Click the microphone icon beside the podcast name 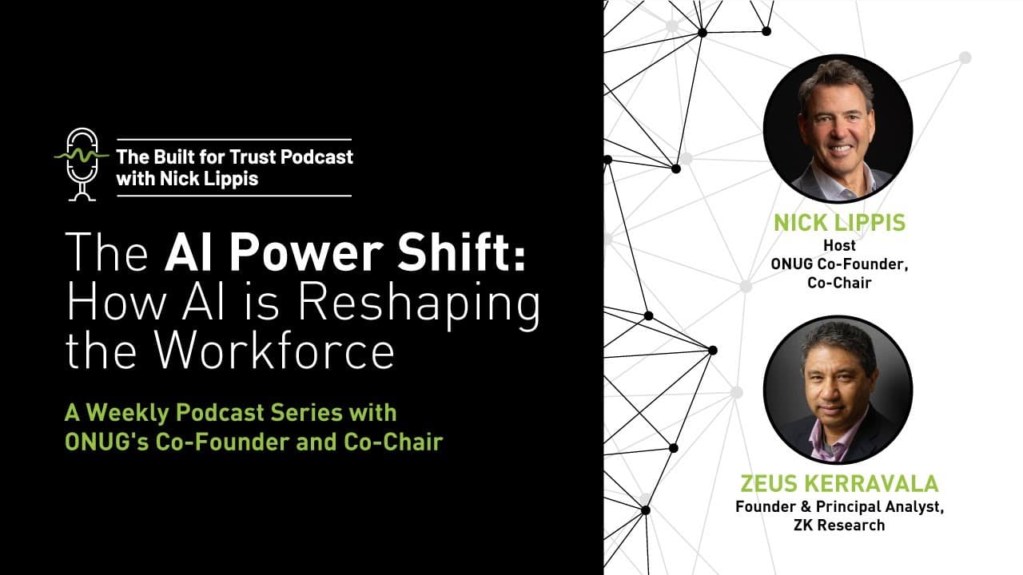(x=81, y=164)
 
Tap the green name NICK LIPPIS (x=839, y=222)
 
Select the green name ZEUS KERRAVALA (x=839, y=484)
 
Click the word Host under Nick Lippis (x=838, y=246)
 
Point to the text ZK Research (x=839, y=525)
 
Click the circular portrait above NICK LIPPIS (x=838, y=129)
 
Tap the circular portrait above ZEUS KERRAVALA (x=838, y=390)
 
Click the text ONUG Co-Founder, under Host (x=838, y=264)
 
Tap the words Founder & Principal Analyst (x=839, y=506)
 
